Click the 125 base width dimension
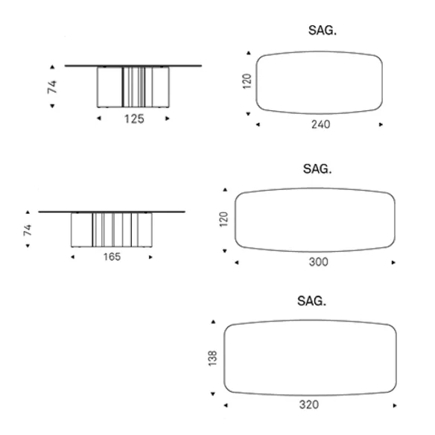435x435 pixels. click(x=134, y=118)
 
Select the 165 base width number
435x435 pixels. click(x=112, y=257)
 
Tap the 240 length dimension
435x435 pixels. click(x=321, y=124)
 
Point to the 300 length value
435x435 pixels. click(x=319, y=262)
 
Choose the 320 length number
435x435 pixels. click(x=309, y=404)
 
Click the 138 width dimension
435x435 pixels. click(x=212, y=358)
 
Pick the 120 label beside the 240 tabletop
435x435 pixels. click(x=247, y=81)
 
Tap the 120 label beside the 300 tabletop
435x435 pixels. click(x=223, y=219)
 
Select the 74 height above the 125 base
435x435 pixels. click(x=52, y=87)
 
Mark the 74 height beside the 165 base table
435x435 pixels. click(x=28, y=230)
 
